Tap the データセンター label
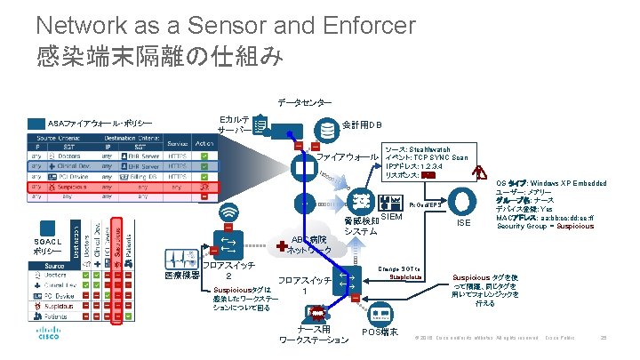(x=305, y=103)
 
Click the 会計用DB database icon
(x=328, y=130)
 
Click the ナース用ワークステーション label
(x=314, y=335)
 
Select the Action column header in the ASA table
(x=204, y=143)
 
